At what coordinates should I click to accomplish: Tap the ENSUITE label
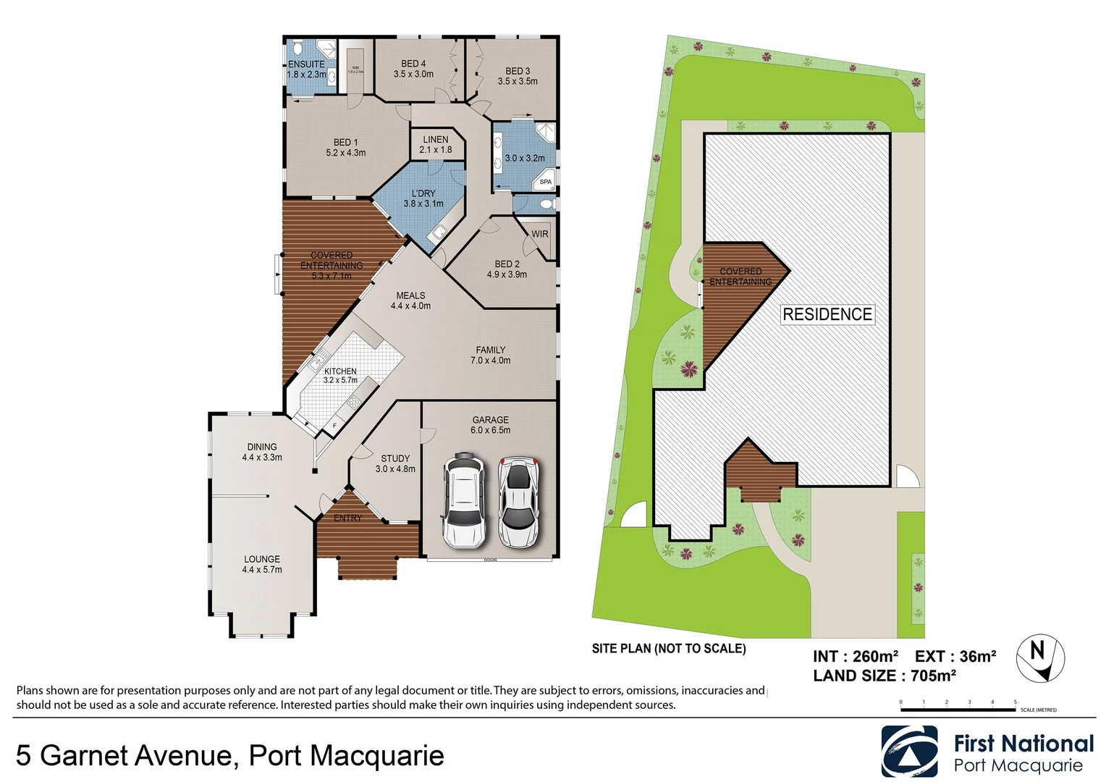[306, 64]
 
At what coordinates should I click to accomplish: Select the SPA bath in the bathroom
[545, 180]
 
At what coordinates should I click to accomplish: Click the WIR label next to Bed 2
[540, 234]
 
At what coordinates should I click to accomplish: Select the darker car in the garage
[463, 500]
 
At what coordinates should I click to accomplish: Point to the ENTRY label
[347, 518]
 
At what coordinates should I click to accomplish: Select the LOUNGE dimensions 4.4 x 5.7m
[262, 570]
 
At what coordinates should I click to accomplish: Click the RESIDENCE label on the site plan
[827, 314]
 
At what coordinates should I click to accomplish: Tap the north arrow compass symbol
[1040, 658]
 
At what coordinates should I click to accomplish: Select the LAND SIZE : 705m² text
[884, 676]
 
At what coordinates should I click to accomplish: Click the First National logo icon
[909, 752]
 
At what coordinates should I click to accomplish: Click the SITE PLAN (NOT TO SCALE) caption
[668, 648]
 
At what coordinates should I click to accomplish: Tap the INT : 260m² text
[855, 656]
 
